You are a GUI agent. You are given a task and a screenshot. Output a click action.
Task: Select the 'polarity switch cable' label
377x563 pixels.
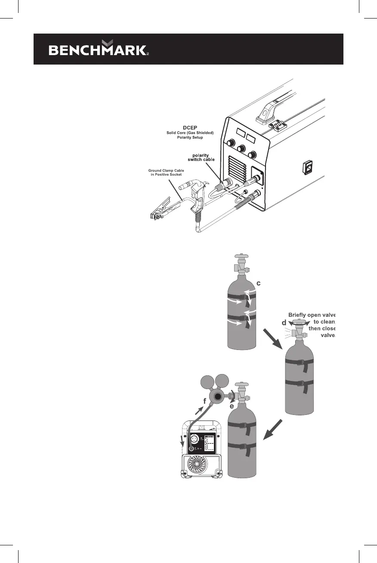[x=204, y=158]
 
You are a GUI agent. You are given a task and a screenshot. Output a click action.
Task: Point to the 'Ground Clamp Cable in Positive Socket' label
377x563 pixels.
[x=164, y=172]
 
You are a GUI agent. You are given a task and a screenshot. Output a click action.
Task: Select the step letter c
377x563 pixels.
[x=258, y=283]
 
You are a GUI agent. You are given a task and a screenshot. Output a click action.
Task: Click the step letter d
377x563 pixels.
[x=284, y=322]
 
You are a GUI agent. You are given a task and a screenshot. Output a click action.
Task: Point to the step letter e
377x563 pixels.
[x=232, y=406]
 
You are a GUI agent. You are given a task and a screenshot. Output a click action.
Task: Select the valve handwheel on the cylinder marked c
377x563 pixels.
[x=239, y=257]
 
